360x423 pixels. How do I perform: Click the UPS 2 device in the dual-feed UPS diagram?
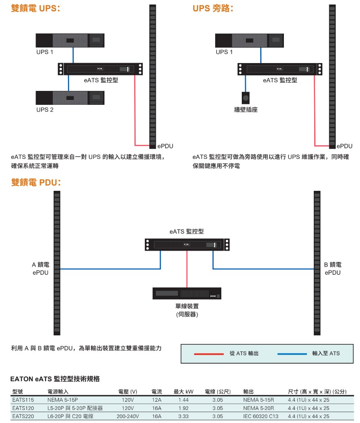[70, 97]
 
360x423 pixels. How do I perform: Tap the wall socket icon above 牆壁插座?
[245, 98]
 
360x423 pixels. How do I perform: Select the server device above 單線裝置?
[187, 293]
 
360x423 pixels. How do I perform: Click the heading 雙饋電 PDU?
[36, 182]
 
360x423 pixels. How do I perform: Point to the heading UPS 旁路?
[213, 8]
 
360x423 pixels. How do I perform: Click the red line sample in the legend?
[209, 354]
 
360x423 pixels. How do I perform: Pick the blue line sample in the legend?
[292, 354]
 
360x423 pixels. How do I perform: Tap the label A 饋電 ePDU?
[40, 269]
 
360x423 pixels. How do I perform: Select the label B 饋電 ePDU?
[333, 269]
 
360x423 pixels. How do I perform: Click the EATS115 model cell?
[23, 400]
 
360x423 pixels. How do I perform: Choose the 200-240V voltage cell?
[128, 416]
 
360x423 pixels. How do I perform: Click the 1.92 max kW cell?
[184, 408]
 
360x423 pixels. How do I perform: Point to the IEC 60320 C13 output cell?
[261, 416]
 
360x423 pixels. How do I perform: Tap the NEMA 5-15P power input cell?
[63, 400]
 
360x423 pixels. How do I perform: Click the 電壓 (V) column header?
[128, 391]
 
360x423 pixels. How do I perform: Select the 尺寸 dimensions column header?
[317, 391]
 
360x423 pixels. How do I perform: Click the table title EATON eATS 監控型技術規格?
[55, 379]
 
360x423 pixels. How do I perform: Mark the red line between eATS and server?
[187, 269]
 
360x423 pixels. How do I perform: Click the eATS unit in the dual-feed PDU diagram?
[187, 245]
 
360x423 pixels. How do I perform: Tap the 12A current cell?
[157, 400]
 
